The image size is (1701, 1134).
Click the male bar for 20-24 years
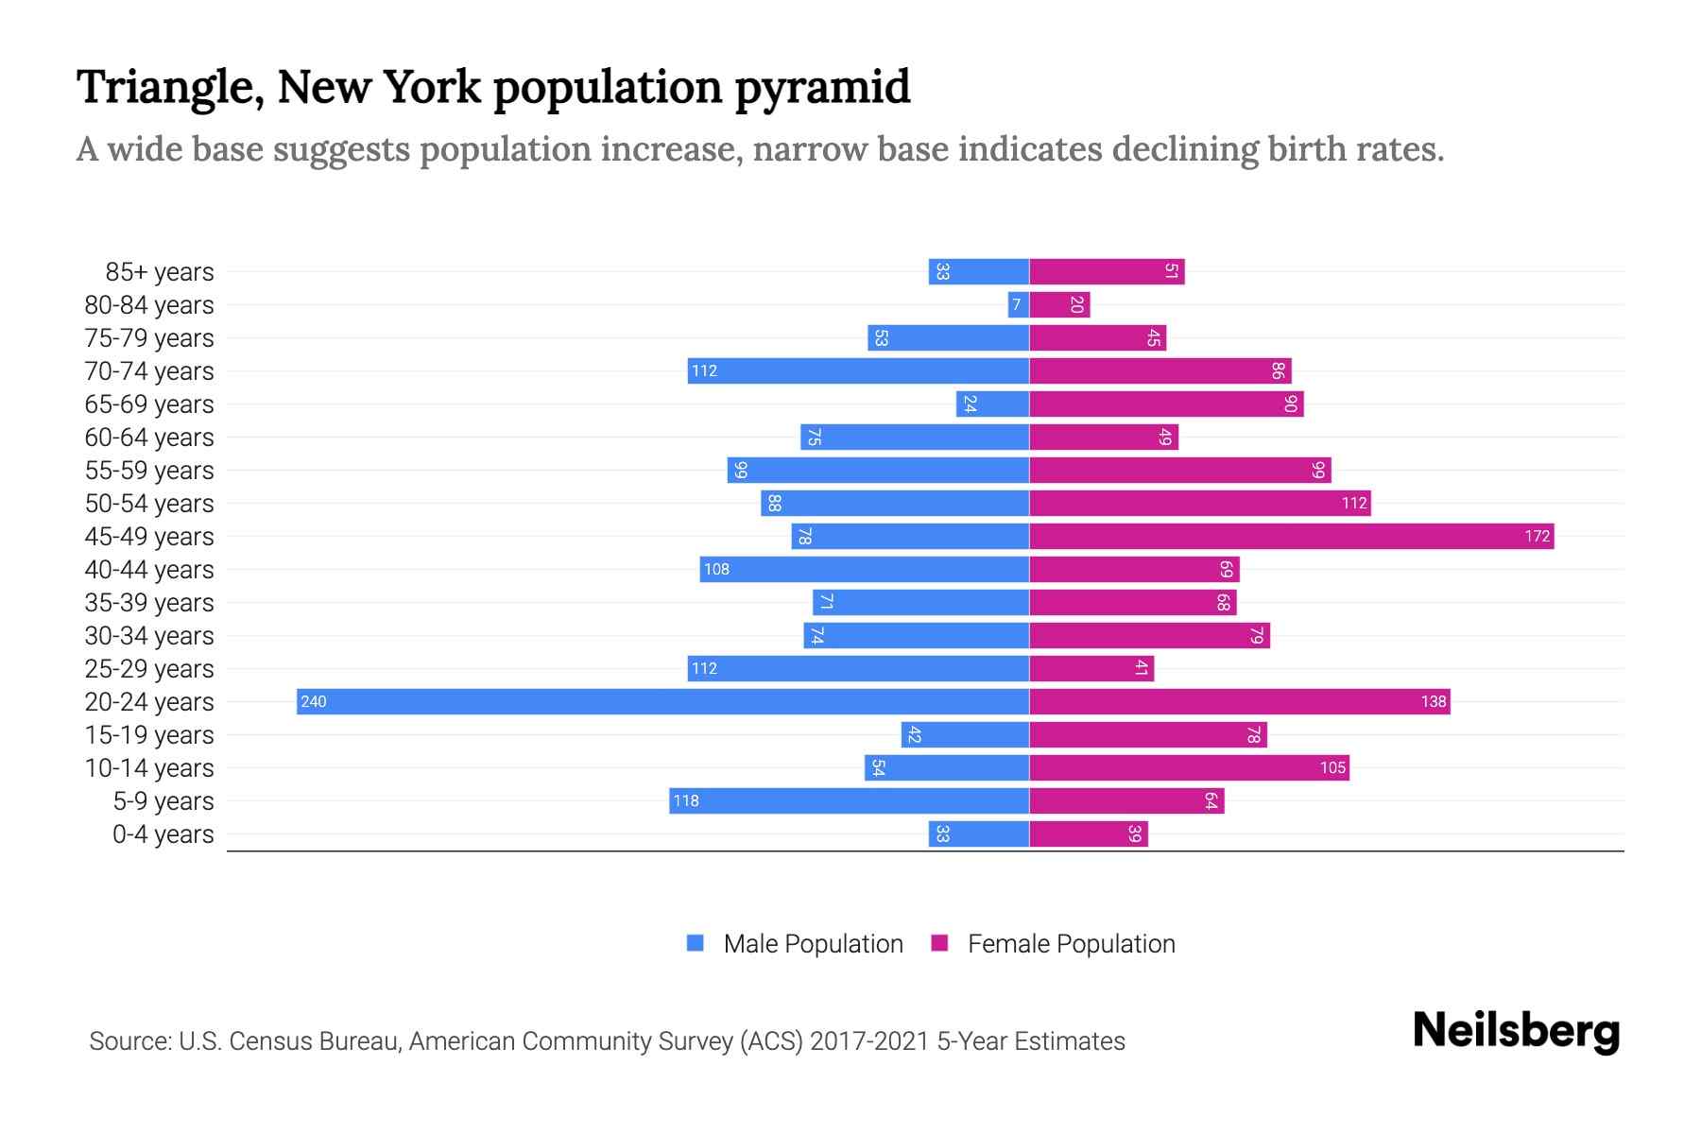661,701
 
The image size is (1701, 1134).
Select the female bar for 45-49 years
1291,537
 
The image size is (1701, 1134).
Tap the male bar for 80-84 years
1018,305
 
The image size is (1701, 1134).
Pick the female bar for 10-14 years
1189,767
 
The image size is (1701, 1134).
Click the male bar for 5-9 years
849,800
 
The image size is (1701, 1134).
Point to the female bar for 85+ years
1107,272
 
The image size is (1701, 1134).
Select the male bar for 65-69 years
992,404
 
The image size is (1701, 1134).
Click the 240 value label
314,701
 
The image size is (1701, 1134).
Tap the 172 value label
1537,537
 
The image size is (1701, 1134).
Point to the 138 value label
1433,701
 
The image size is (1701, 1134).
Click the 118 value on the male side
686,800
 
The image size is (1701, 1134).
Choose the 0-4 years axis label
163,834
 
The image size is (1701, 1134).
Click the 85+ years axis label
159,272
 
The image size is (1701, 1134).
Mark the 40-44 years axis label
149,570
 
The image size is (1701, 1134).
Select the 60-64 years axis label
149,438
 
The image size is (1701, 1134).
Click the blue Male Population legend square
696,943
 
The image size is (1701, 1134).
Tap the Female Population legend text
1071,944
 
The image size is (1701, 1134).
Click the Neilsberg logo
1516,1031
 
